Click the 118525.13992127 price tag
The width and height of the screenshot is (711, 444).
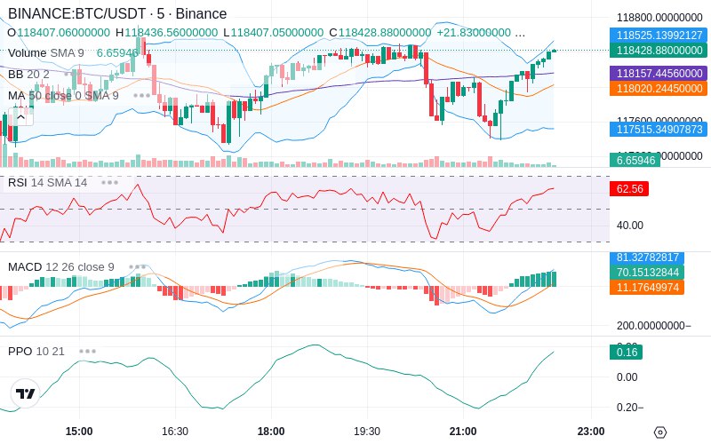pos(658,35)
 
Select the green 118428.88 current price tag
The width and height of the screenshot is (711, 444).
pos(658,51)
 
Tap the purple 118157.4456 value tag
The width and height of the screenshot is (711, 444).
pos(658,73)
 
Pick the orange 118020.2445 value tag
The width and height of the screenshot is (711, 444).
pos(658,88)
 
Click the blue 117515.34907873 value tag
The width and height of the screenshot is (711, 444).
pos(658,130)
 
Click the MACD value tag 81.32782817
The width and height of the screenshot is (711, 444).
pos(658,258)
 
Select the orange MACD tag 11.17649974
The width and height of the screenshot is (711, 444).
pos(658,287)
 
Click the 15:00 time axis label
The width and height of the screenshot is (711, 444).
pos(79,431)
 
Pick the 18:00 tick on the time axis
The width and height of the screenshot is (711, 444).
pos(271,431)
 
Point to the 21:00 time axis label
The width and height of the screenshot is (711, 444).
pos(463,431)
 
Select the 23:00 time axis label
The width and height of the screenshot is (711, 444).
pos(591,431)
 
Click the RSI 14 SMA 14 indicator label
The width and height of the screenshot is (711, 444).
pos(48,182)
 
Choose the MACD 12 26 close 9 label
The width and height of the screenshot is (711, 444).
pos(61,266)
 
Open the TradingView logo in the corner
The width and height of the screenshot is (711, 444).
pos(26,393)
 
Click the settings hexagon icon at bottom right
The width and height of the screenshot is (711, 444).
pos(659,432)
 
